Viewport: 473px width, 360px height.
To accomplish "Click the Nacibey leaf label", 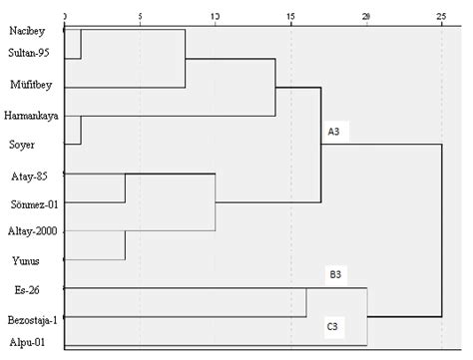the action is point(26,31).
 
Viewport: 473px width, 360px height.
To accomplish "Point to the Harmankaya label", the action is point(32,117).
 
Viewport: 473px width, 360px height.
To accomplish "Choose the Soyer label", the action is point(22,145).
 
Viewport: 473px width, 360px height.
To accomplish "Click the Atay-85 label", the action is point(26,176).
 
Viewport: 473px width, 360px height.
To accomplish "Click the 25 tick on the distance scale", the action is point(441,17).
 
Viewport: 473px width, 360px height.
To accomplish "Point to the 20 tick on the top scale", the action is point(366,17).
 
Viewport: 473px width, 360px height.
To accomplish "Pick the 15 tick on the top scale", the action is point(290,17).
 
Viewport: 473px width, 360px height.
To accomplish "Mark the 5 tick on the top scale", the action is point(140,17).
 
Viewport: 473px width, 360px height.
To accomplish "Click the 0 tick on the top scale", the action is point(65,17).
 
